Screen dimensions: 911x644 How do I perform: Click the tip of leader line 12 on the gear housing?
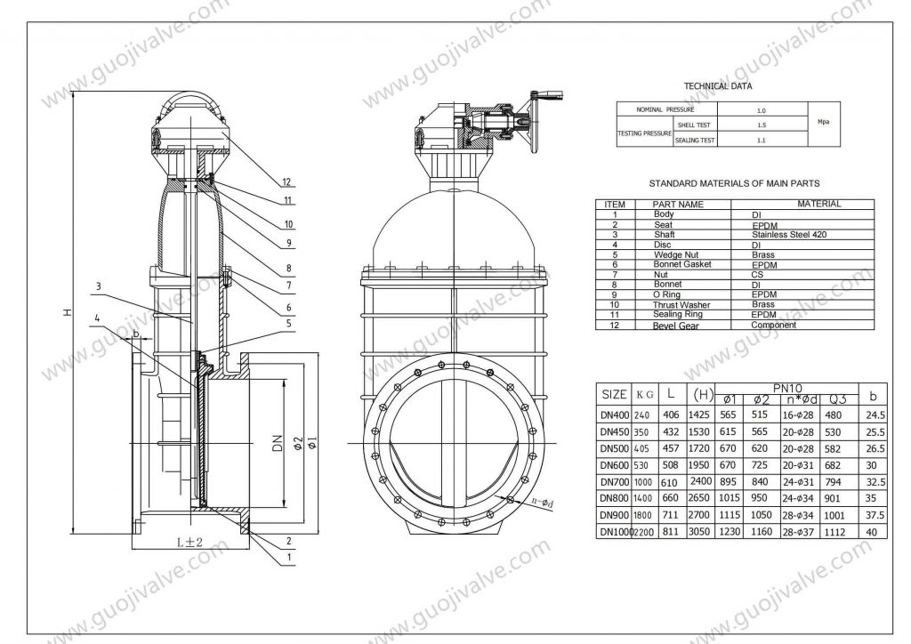pos(222,133)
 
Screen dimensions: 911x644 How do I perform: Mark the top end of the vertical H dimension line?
pos(72,92)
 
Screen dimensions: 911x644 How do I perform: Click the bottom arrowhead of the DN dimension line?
pos(283,505)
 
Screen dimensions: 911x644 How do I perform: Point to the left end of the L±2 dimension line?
pos(133,548)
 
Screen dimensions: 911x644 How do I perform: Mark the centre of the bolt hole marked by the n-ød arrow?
pos(510,499)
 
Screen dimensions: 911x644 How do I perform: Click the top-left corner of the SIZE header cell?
pos(597,384)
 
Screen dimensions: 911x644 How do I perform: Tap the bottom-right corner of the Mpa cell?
pos(840,147)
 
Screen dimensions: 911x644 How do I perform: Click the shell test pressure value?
pos(762,125)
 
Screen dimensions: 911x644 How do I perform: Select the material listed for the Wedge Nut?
pos(762,255)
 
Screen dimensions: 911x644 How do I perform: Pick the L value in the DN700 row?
pos(670,482)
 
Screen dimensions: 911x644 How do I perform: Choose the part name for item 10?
pos(681,305)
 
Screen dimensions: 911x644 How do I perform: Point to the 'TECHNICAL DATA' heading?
pos(718,86)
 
